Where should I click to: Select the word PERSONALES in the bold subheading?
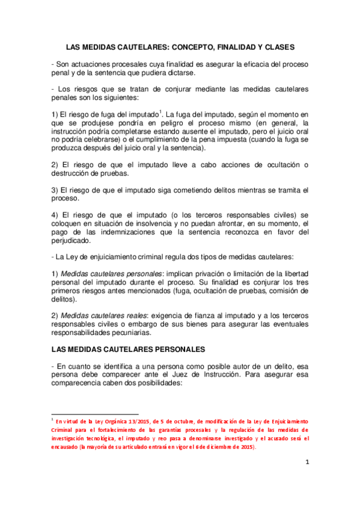(172, 349)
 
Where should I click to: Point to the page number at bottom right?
(307, 462)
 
